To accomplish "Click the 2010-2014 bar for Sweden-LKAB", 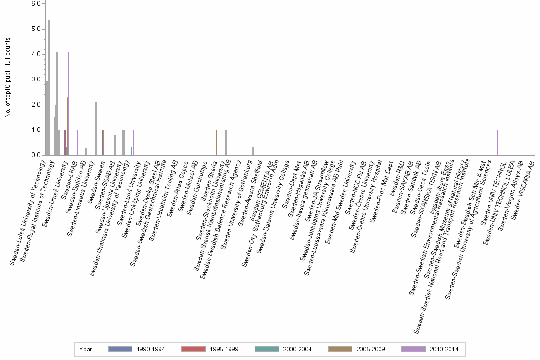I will (x=77, y=142).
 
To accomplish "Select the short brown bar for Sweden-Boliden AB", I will (x=86, y=151).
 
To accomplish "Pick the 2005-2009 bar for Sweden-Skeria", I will (x=216, y=142).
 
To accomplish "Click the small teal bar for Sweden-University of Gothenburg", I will (x=253, y=151).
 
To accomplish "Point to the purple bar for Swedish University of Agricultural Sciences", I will (x=497, y=142).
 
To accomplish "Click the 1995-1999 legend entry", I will (x=210, y=349).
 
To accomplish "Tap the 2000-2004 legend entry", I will (x=283, y=349).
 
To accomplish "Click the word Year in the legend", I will (x=86, y=349).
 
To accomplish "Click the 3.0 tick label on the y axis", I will (x=36, y=80).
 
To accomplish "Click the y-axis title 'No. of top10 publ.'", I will (x=8, y=79).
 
